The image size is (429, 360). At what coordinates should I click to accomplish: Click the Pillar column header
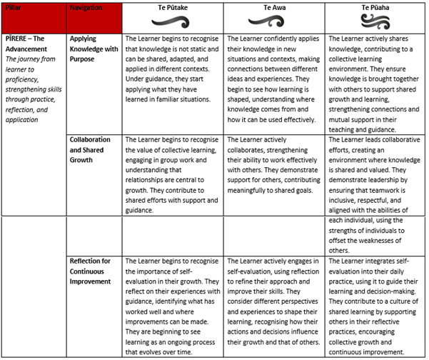tap(13, 6)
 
